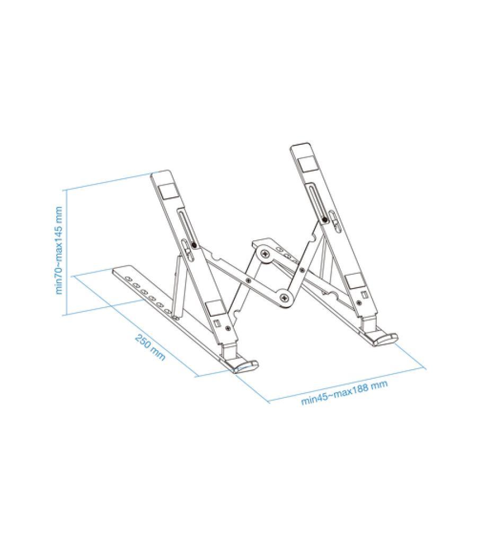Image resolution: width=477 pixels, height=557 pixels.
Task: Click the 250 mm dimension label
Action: click(150, 347)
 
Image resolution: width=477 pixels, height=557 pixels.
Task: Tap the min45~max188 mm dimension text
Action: click(344, 393)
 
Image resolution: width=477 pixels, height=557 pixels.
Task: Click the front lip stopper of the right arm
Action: click(384, 338)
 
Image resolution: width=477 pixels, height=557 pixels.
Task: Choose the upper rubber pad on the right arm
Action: click(306, 162)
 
